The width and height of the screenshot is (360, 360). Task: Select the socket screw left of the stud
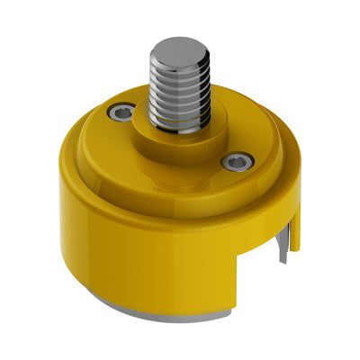coord(121,112)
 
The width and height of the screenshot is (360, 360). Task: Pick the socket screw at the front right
coord(238,162)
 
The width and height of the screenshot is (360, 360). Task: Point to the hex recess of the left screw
coord(121,112)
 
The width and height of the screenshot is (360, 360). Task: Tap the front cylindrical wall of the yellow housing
coord(135,243)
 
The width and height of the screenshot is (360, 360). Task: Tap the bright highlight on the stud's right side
coord(200,90)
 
